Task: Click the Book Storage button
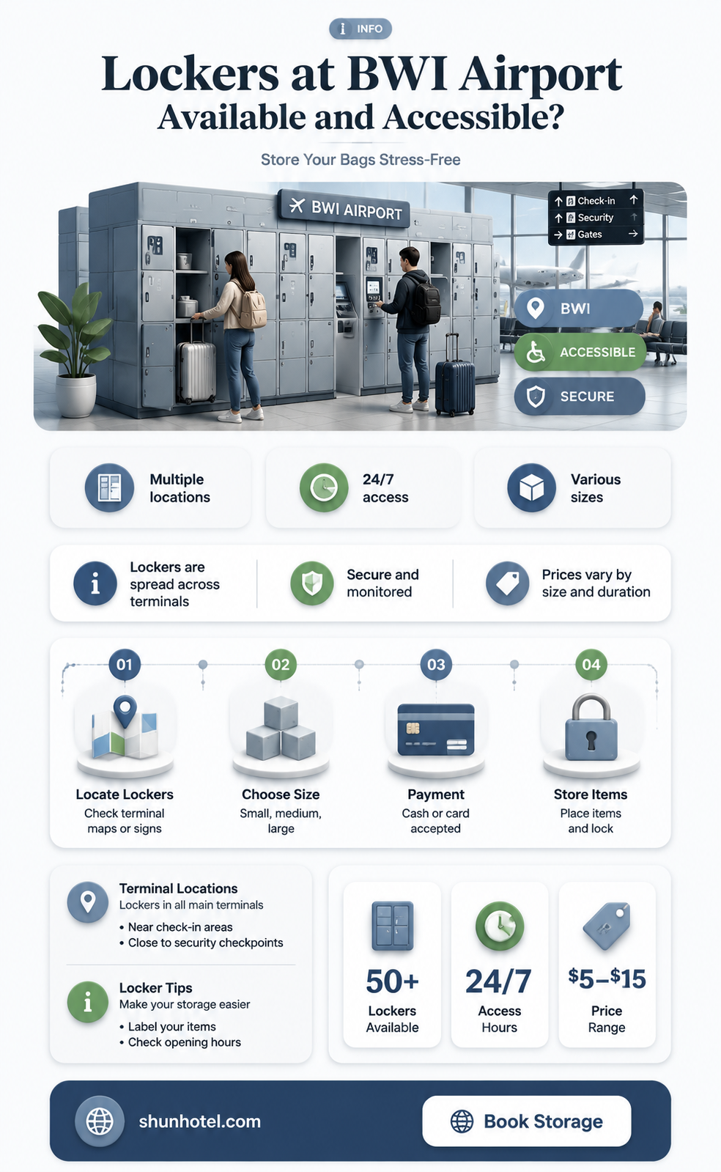coord(526,1121)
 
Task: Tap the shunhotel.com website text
coord(199,1121)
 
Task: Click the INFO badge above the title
coord(360,29)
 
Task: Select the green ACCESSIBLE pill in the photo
coord(580,352)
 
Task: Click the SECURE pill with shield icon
coord(580,396)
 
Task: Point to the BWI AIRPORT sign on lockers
coord(345,209)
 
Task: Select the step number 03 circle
coord(436,665)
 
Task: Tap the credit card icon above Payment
coord(436,729)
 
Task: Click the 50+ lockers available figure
coord(393,981)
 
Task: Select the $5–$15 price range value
coord(607,978)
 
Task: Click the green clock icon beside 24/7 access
coord(324,487)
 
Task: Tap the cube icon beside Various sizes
coord(532,487)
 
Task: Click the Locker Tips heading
coord(156,988)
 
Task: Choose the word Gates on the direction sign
coord(590,235)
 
